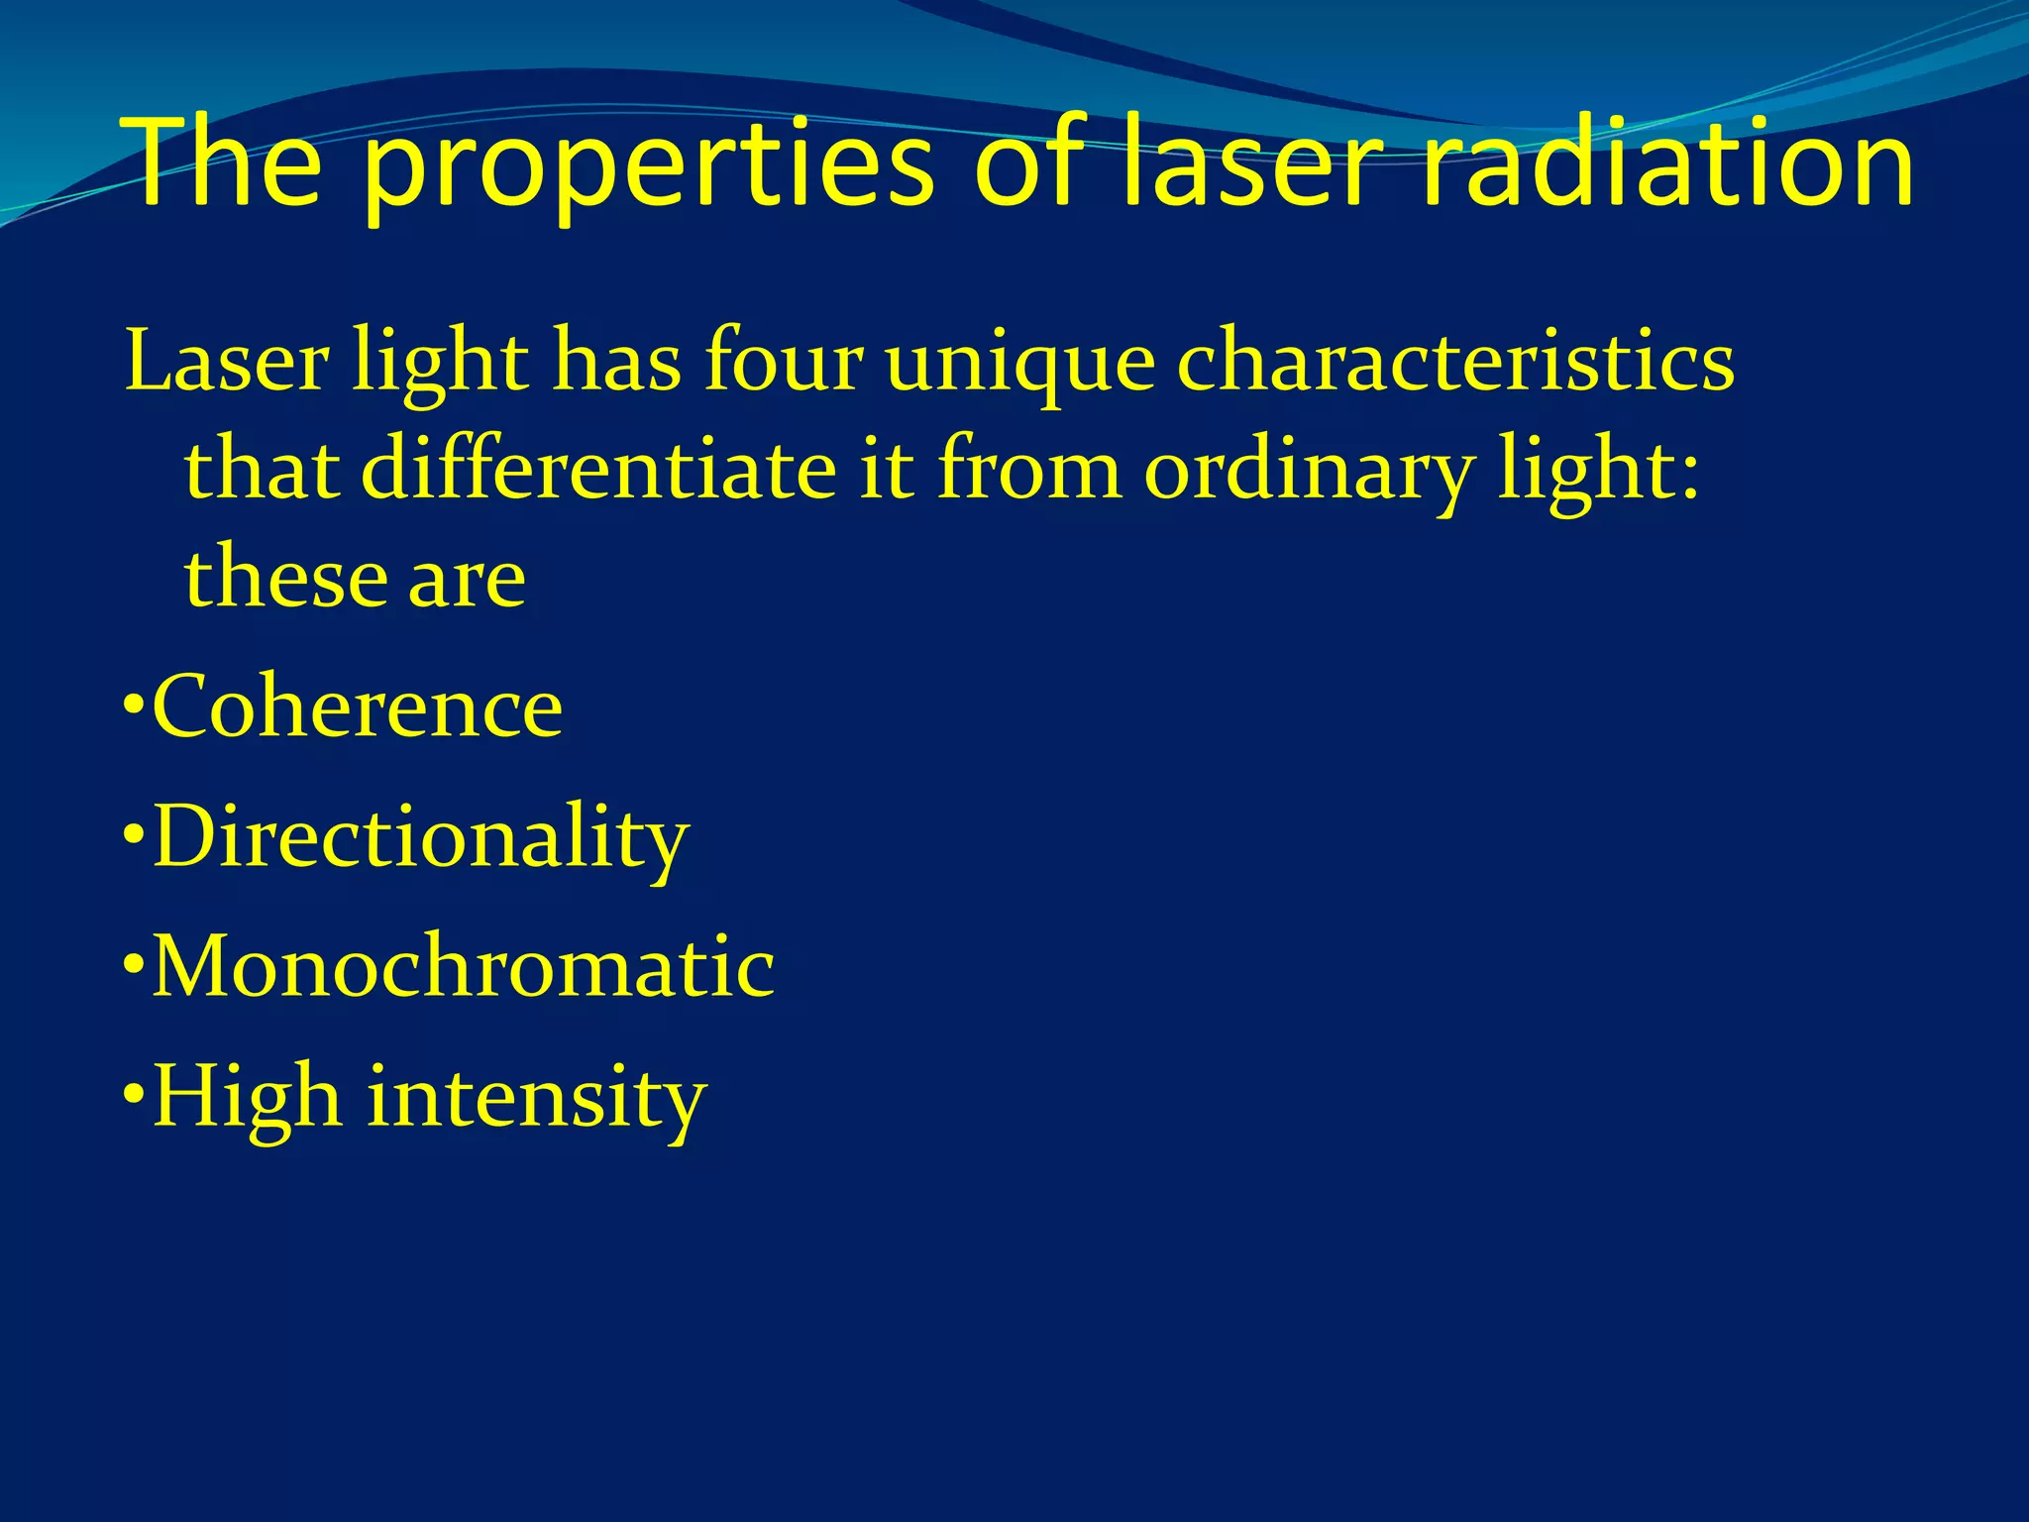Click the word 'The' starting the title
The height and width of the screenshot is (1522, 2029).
(x=224, y=163)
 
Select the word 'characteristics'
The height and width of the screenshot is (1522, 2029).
(x=1455, y=363)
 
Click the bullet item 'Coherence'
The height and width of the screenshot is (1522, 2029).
(x=357, y=707)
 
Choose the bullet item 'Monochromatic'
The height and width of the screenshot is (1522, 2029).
(x=463, y=967)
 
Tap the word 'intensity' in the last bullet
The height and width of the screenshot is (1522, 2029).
(x=536, y=1100)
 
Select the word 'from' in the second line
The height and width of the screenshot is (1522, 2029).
(x=1029, y=470)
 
